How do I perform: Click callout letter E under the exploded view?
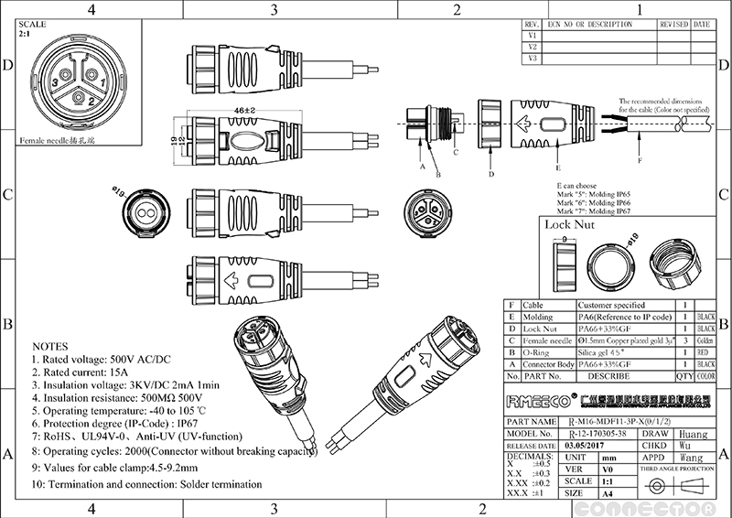pos(557,168)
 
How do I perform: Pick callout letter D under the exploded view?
pos(491,173)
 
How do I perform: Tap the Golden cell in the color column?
pos(705,339)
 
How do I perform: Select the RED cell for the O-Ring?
pos(705,351)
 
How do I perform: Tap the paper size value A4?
pos(605,492)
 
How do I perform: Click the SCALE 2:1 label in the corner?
pos(30,27)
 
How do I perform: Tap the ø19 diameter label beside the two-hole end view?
pos(119,190)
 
